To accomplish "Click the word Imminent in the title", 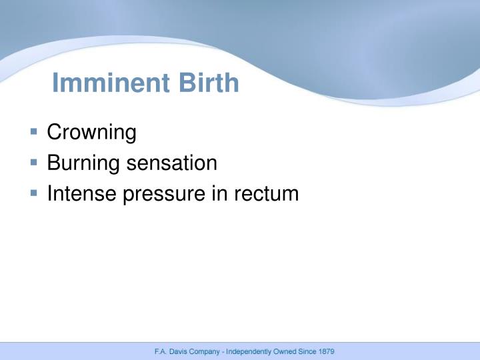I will coord(111,83).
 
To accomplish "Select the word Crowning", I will coord(91,133).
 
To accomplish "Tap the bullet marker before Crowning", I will coord(34,132).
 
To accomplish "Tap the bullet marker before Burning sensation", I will coord(34,163).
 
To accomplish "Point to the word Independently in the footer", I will coord(249,351).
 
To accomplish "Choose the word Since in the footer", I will coord(308,351).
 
